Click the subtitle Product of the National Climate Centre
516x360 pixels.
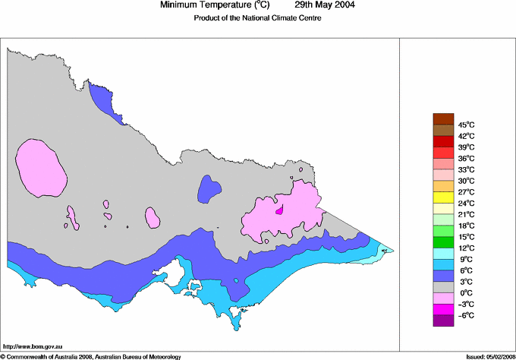pyautogui.click(x=257, y=18)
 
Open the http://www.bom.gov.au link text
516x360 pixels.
pyautogui.click(x=33, y=346)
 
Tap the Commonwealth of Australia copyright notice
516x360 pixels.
pyautogui.click(x=90, y=355)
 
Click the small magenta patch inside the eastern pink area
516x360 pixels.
pyautogui.click(x=280, y=210)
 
